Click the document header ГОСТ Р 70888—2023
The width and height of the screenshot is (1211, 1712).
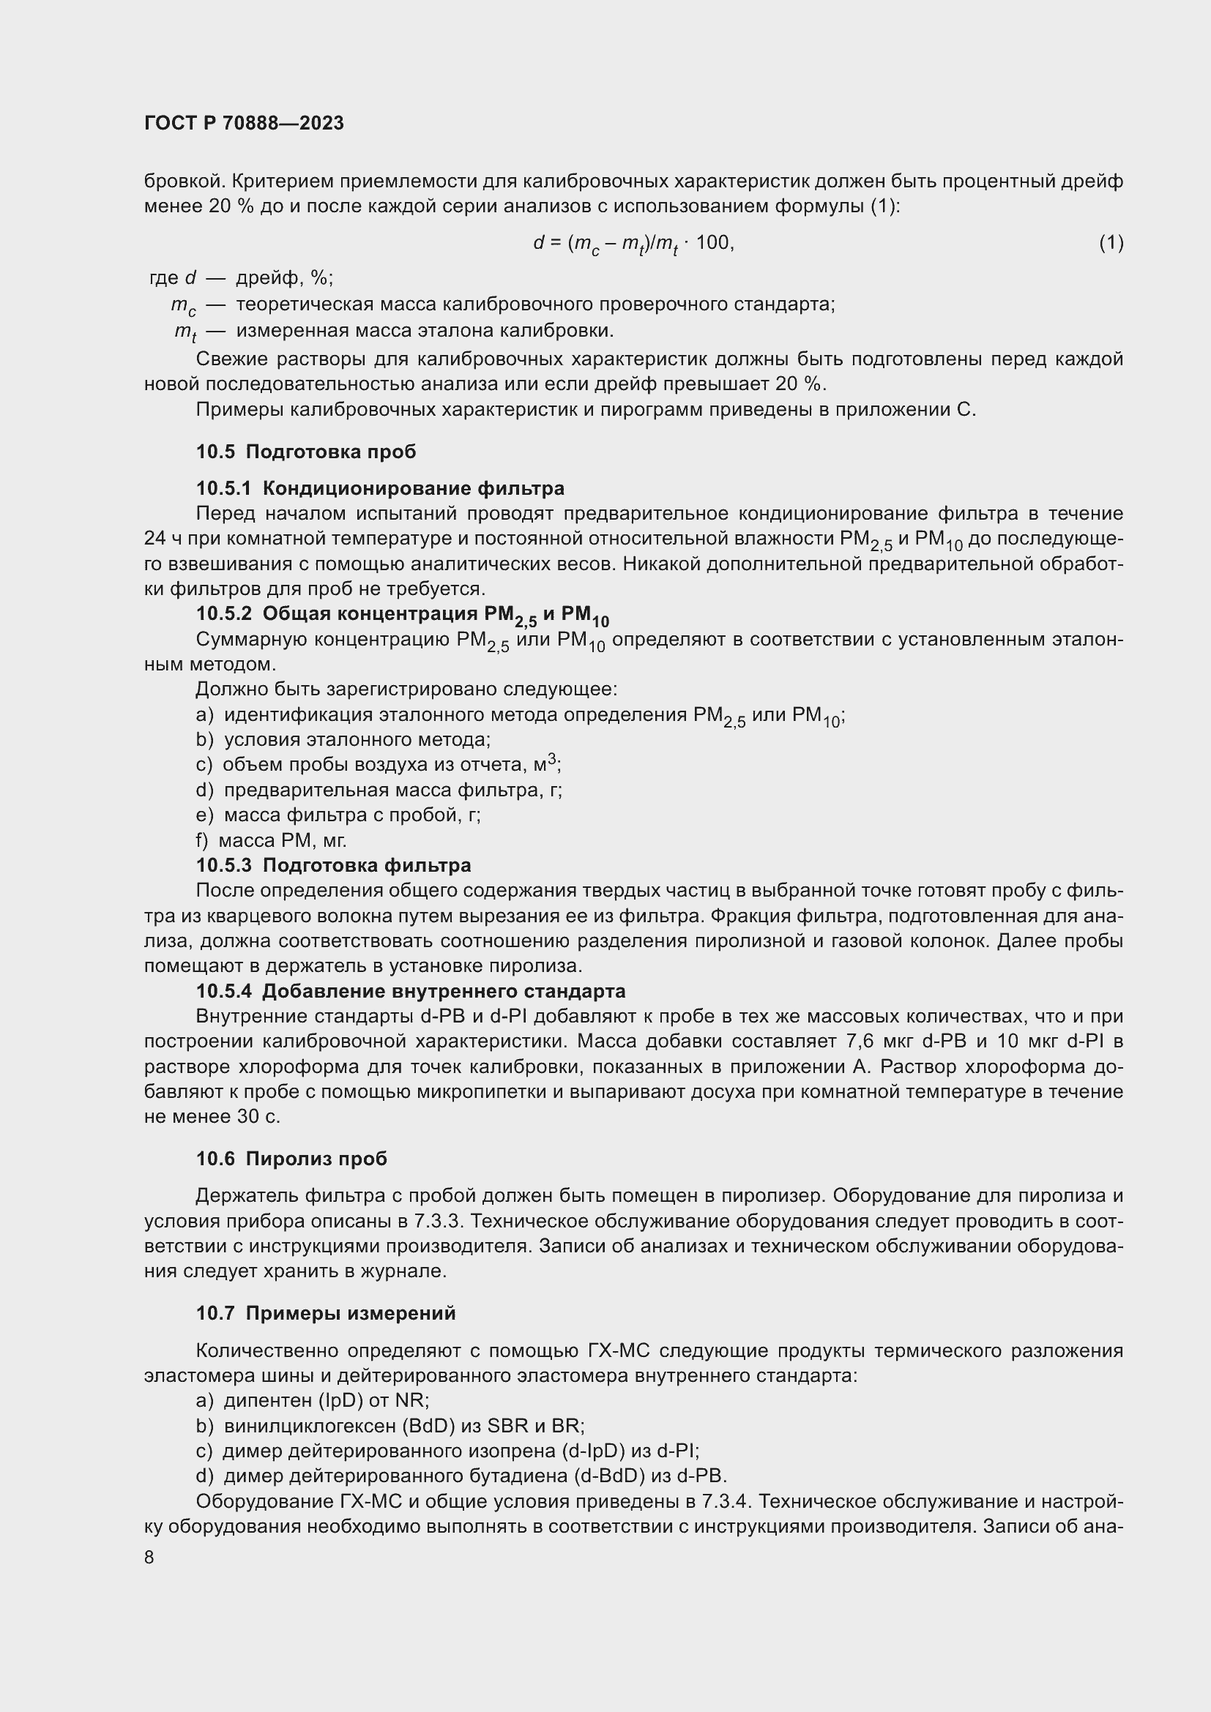[244, 123]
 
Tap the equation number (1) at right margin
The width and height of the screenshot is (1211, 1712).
[1111, 242]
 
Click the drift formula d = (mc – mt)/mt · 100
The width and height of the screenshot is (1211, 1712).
[633, 243]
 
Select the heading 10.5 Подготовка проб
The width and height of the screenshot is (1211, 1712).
[306, 452]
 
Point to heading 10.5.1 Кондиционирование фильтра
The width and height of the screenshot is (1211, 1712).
[380, 488]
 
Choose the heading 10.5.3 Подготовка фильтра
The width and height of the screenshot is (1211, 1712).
[333, 865]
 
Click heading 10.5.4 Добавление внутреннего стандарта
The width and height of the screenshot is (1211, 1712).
[411, 991]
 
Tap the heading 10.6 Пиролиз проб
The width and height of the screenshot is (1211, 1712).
[291, 1159]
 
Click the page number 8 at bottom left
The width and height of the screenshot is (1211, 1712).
[149, 1558]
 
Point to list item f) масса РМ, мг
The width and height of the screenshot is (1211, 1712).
[272, 840]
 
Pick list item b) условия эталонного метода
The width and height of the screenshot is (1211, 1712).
[343, 740]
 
